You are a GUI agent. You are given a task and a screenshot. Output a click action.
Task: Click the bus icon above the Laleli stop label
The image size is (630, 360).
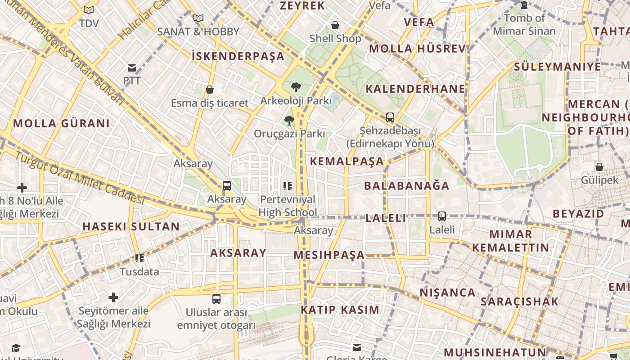(x=442, y=216)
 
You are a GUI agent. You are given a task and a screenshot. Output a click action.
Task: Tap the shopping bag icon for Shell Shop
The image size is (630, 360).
(x=335, y=25)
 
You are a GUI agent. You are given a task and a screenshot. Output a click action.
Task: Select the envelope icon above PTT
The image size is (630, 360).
(x=132, y=68)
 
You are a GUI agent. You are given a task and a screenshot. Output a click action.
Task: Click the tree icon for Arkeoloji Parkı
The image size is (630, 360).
(x=296, y=87)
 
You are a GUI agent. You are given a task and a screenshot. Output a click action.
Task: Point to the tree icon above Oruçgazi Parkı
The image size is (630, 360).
(x=289, y=120)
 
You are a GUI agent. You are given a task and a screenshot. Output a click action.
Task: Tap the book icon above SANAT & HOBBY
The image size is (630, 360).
(x=198, y=18)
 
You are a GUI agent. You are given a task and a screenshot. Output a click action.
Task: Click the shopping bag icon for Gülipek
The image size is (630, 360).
(x=599, y=167)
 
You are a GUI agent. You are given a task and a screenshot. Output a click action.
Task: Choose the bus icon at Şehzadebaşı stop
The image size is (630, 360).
(x=390, y=117)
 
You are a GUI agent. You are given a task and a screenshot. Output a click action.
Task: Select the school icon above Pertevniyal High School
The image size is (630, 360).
(x=288, y=186)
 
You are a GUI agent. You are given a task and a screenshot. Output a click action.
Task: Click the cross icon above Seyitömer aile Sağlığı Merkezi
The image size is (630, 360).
(x=113, y=297)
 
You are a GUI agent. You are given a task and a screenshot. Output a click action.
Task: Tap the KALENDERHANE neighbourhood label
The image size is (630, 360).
(x=415, y=89)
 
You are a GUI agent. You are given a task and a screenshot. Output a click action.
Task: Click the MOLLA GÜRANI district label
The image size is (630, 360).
(x=61, y=123)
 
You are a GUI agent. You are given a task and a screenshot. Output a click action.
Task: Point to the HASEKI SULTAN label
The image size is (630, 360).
(x=131, y=226)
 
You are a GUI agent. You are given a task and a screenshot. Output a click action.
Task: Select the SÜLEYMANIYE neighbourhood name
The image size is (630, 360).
(x=557, y=67)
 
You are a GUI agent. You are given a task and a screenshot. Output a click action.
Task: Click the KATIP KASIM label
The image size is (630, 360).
(x=340, y=310)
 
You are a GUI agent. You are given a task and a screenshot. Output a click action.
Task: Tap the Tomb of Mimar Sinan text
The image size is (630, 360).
(x=524, y=25)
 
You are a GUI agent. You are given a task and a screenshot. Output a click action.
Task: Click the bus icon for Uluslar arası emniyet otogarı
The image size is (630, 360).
(x=216, y=298)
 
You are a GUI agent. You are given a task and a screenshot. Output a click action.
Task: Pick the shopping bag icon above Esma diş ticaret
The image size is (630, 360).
(x=209, y=90)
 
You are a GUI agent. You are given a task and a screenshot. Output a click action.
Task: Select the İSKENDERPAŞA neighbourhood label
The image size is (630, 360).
(x=238, y=56)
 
